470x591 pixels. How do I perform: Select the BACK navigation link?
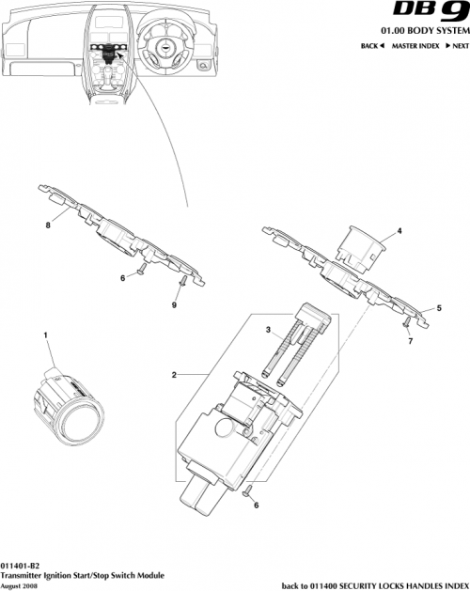[374, 46]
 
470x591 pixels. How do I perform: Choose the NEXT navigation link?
[456, 46]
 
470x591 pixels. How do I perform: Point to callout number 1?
[44, 334]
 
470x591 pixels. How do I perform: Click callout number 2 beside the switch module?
[174, 376]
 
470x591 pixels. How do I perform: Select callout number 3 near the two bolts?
[267, 330]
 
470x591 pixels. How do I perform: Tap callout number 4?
[399, 231]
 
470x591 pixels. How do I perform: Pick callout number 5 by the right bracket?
[438, 307]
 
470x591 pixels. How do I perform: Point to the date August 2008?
[21, 584]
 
